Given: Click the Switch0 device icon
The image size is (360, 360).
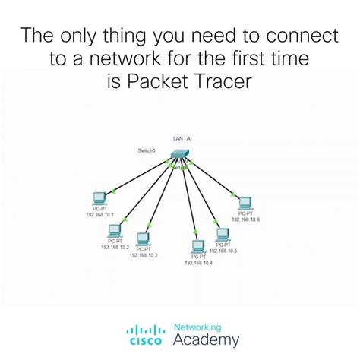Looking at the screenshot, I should coord(178,154).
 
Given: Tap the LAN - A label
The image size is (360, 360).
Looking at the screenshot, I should coord(181,140).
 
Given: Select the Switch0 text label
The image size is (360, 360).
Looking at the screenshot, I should coord(147,150).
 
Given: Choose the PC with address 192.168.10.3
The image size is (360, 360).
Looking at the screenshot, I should coord(143,239).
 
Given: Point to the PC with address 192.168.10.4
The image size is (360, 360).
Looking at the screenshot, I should coord(198,245).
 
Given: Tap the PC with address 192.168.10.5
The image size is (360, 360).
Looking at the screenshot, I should coord(222,234).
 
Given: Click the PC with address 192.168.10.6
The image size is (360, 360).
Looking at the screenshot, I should coord(244,204).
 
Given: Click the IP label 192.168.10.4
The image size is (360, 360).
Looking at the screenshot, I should coord(198,263).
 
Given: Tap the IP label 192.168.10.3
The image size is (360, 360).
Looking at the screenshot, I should coord(143,256).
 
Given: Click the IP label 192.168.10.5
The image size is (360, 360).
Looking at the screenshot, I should coord(223,251).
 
